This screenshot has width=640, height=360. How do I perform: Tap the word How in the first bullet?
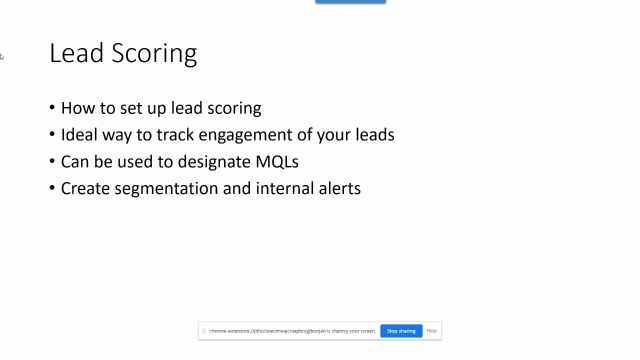point(76,108)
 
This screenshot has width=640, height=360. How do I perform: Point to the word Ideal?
point(80,134)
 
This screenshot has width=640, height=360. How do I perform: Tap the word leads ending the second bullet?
point(372,134)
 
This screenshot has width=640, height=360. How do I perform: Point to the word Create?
point(85,187)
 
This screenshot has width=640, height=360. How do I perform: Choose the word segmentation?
point(170,188)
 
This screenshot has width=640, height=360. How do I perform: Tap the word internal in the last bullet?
point(285,187)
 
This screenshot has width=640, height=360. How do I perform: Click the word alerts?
point(340,187)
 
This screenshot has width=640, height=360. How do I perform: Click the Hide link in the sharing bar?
point(432,331)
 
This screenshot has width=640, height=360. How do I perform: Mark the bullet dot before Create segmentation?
point(52,188)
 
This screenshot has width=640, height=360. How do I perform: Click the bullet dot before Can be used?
point(52,161)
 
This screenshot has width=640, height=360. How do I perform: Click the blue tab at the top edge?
point(350,2)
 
